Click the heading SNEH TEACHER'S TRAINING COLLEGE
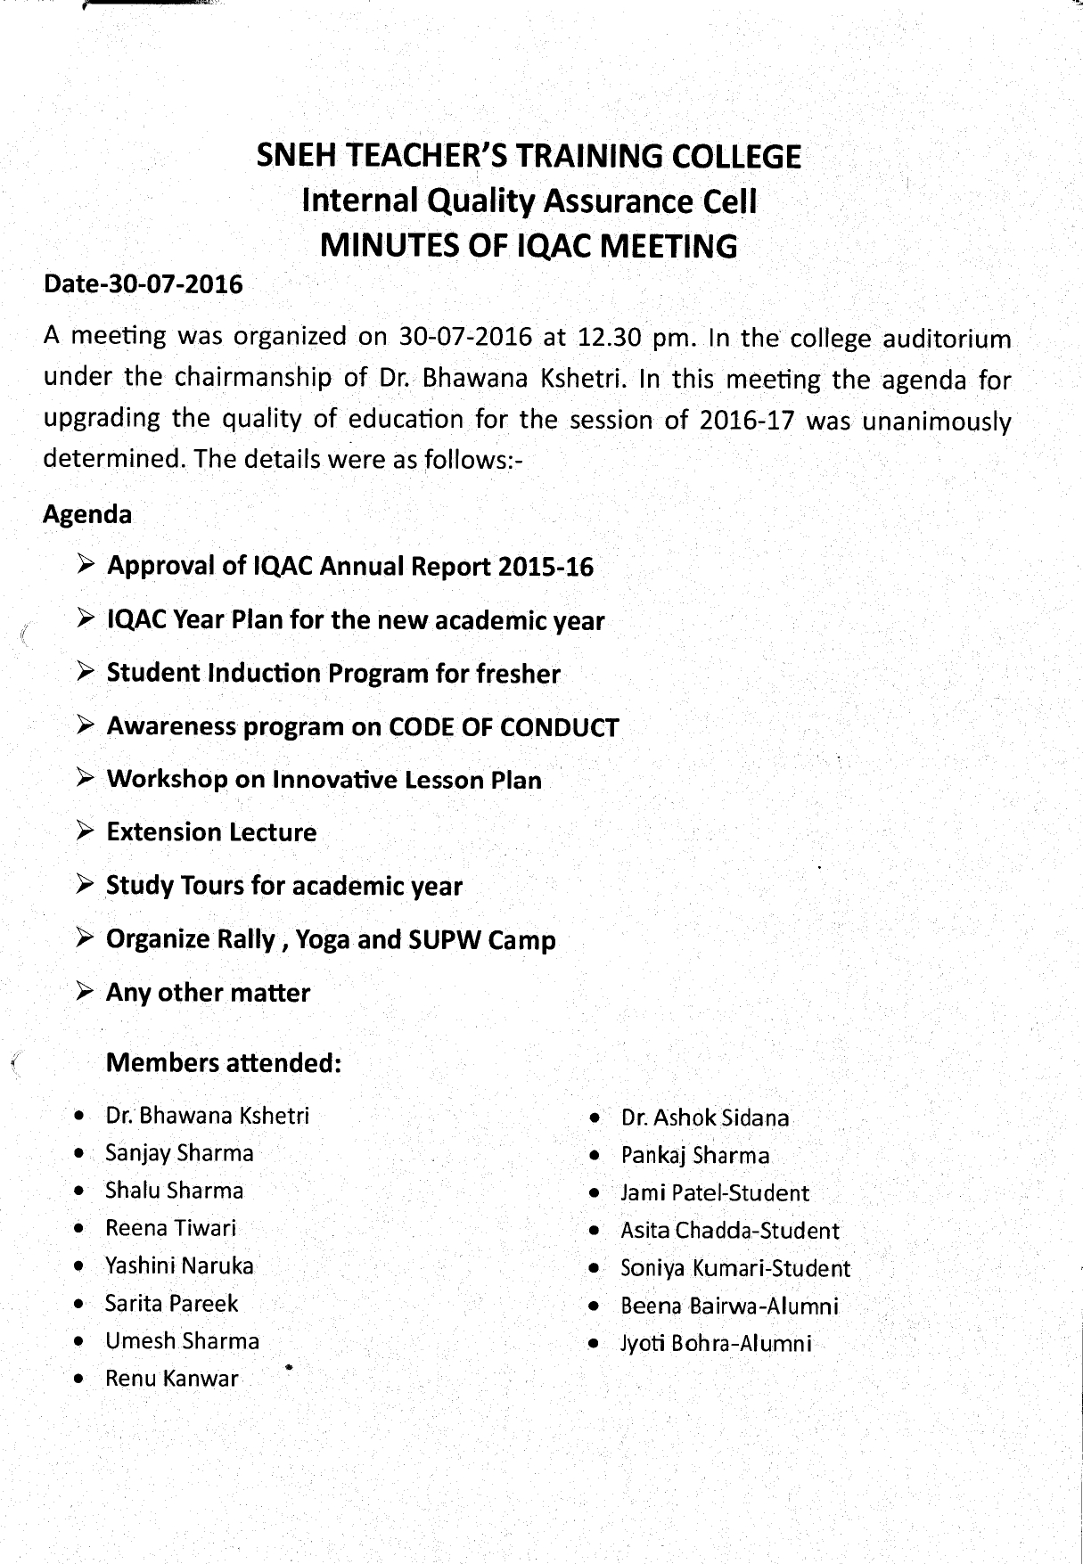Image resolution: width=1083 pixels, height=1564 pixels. pyautogui.click(x=529, y=157)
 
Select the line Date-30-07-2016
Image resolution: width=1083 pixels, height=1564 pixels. pyautogui.click(x=143, y=284)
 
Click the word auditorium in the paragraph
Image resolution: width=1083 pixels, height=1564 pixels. pyautogui.click(x=947, y=340)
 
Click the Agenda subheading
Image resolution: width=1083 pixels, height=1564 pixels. pyautogui.click(x=87, y=514)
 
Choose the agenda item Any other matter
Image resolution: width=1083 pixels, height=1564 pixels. pyautogui.click(x=208, y=993)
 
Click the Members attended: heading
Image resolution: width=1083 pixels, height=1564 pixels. pyautogui.click(x=224, y=1063)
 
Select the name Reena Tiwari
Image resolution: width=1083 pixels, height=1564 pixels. pyautogui.click(x=170, y=1228)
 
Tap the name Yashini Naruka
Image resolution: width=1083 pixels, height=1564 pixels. pyautogui.click(x=179, y=1265)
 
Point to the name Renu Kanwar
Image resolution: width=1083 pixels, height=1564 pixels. pyautogui.click(x=172, y=1379)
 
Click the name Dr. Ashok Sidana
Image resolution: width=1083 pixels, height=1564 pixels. pyautogui.click(x=705, y=1118)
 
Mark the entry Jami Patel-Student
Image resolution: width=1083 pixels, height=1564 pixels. pyautogui.click(x=715, y=1193)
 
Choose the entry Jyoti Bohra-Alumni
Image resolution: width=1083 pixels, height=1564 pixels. pyautogui.click(x=717, y=1343)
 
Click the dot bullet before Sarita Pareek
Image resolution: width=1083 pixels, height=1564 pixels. pyautogui.click(x=81, y=1305)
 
